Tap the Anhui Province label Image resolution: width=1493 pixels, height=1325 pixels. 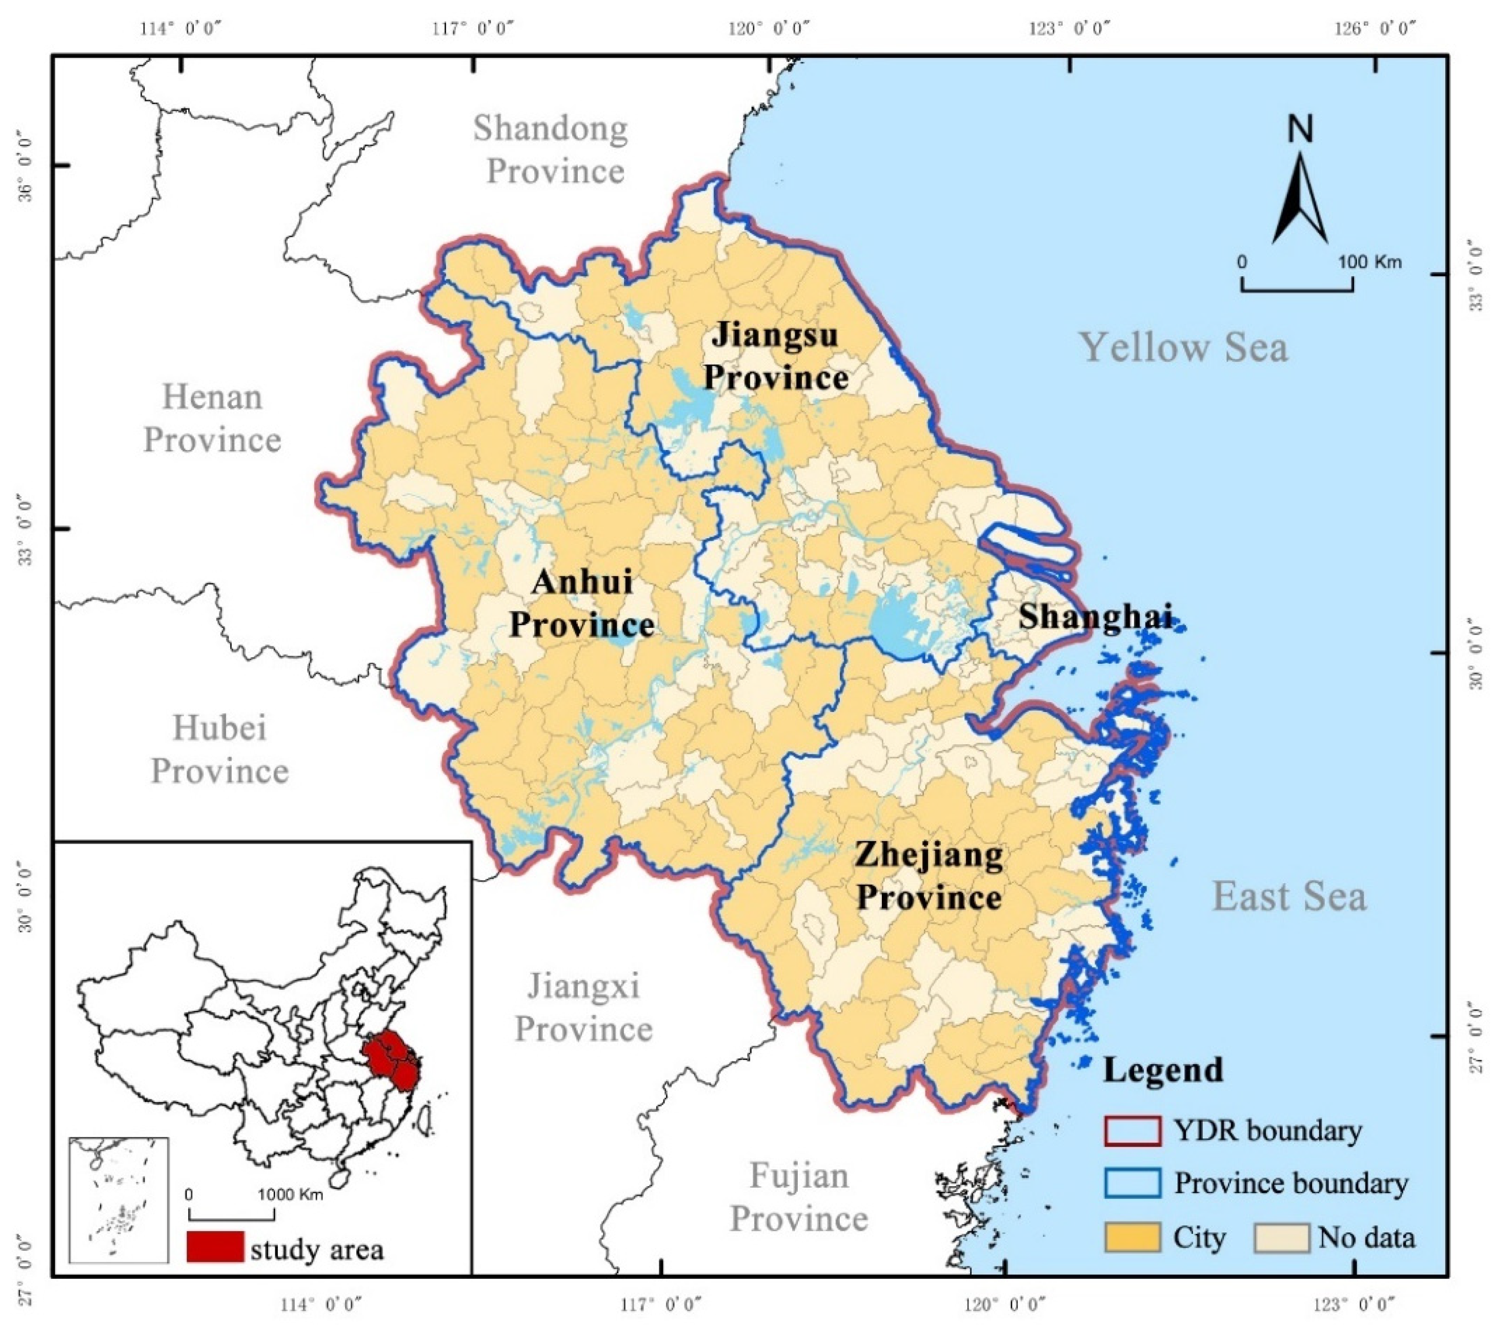tap(581, 603)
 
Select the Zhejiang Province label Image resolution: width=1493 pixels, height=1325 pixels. tap(929, 876)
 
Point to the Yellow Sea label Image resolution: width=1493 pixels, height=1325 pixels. tap(1183, 347)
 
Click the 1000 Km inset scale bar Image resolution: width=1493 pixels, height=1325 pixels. tap(232, 1214)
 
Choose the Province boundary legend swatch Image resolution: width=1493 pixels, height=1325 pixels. tap(1132, 1184)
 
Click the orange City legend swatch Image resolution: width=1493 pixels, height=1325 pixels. tap(1132, 1237)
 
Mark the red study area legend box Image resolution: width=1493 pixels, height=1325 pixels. tap(215, 1246)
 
